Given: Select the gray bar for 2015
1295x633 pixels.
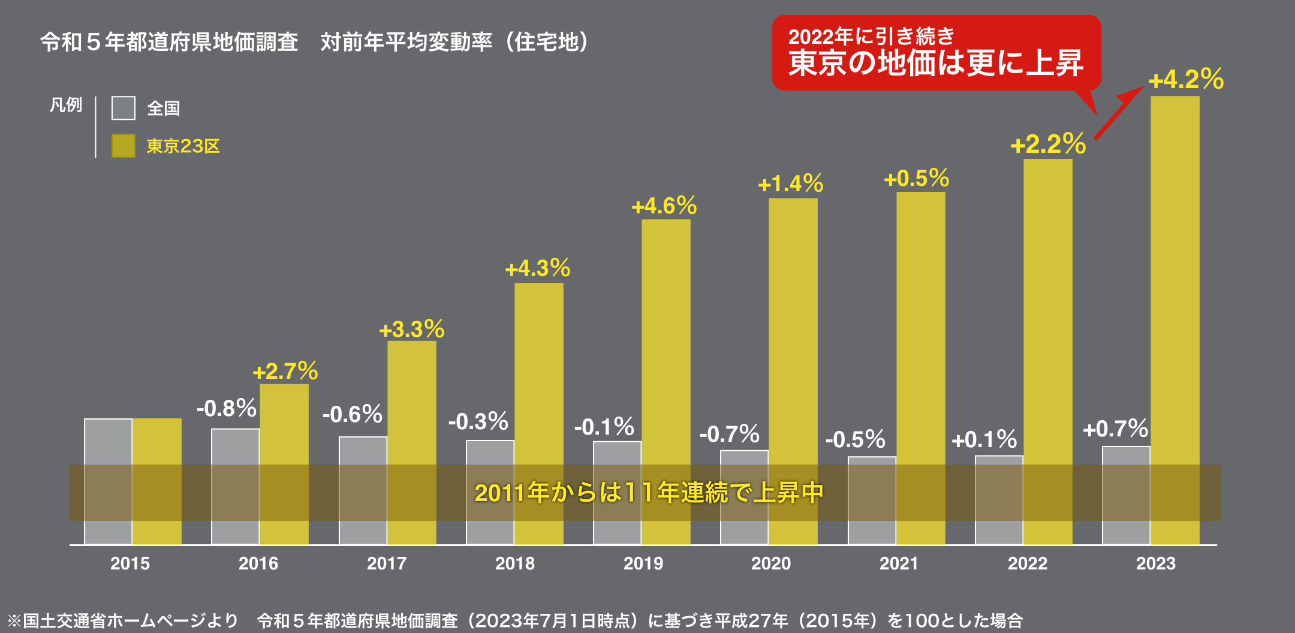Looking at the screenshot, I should tap(108, 444).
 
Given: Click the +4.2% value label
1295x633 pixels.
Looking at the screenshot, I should tap(1185, 80).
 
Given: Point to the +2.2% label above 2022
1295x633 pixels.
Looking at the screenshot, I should tap(1047, 144).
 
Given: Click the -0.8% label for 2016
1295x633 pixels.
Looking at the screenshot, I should tap(226, 409).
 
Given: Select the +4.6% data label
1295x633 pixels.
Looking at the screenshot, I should tap(664, 206).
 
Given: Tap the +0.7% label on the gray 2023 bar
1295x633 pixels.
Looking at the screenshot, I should tap(1115, 429).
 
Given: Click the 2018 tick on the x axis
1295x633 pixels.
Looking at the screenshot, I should tap(514, 563).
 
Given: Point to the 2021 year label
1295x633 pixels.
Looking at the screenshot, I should tap(898, 563).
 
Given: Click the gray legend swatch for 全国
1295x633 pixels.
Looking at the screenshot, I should tap(124, 108).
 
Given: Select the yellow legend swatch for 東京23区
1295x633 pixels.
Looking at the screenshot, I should tap(124, 146).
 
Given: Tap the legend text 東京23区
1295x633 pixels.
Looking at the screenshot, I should tap(183, 146).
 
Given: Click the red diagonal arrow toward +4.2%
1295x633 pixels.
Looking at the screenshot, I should tap(1118, 113).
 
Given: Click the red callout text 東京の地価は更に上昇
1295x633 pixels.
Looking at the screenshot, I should tap(935, 64).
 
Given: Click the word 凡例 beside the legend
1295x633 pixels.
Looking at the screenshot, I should tap(65, 105).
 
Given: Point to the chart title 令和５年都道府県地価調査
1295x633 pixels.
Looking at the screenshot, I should tap(169, 42).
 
